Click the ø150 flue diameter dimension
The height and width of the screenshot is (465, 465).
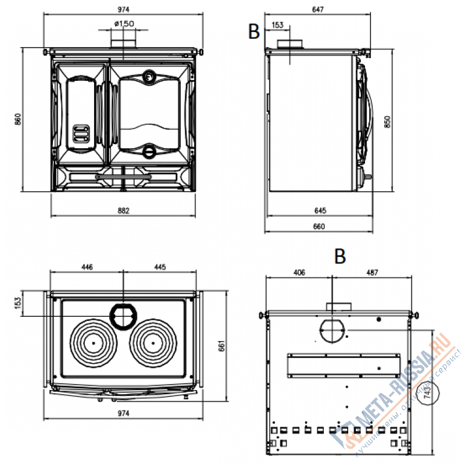pyautogui.click(x=124, y=23)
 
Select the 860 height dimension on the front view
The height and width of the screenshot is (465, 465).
pyautogui.click(x=17, y=120)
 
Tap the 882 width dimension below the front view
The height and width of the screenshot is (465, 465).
pyautogui.click(x=123, y=210)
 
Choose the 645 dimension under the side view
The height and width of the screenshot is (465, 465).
pyautogui.click(x=319, y=210)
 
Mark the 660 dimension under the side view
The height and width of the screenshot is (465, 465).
pyautogui.click(x=319, y=226)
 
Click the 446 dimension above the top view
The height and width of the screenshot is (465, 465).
pyautogui.click(x=87, y=267)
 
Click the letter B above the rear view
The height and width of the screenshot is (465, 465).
pyautogui.click(x=340, y=256)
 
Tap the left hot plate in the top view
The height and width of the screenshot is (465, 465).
pyautogui.click(x=92, y=342)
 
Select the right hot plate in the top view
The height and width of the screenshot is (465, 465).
pyautogui.click(x=152, y=342)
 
